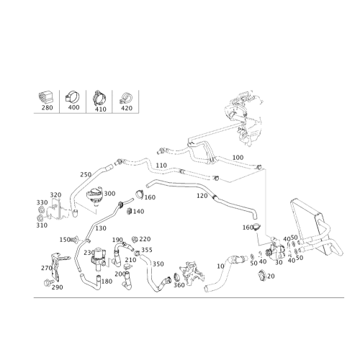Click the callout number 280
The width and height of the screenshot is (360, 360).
(47, 107)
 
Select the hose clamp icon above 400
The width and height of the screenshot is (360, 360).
(73, 97)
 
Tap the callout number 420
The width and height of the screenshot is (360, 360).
(127, 108)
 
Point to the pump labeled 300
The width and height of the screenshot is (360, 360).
(94, 197)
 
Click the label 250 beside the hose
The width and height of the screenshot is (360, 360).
(86, 174)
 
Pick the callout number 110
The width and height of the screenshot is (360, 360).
(161, 166)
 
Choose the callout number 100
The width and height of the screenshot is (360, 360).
(238, 158)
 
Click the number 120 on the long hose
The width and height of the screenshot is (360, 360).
(202, 196)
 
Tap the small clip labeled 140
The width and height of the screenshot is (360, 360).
(130, 211)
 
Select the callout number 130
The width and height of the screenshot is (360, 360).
(101, 228)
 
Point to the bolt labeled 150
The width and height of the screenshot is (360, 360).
(74, 239)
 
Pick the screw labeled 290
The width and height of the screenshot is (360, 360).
(48, 283)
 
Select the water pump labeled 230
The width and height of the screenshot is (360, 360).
(99, 258)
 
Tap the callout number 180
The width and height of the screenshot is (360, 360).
(107, 282)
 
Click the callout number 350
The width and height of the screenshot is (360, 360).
(158, 264)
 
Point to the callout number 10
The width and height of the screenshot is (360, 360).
(220, 266)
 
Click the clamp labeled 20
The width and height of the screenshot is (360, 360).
(261, 275)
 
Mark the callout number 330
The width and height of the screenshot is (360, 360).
(42, 202)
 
